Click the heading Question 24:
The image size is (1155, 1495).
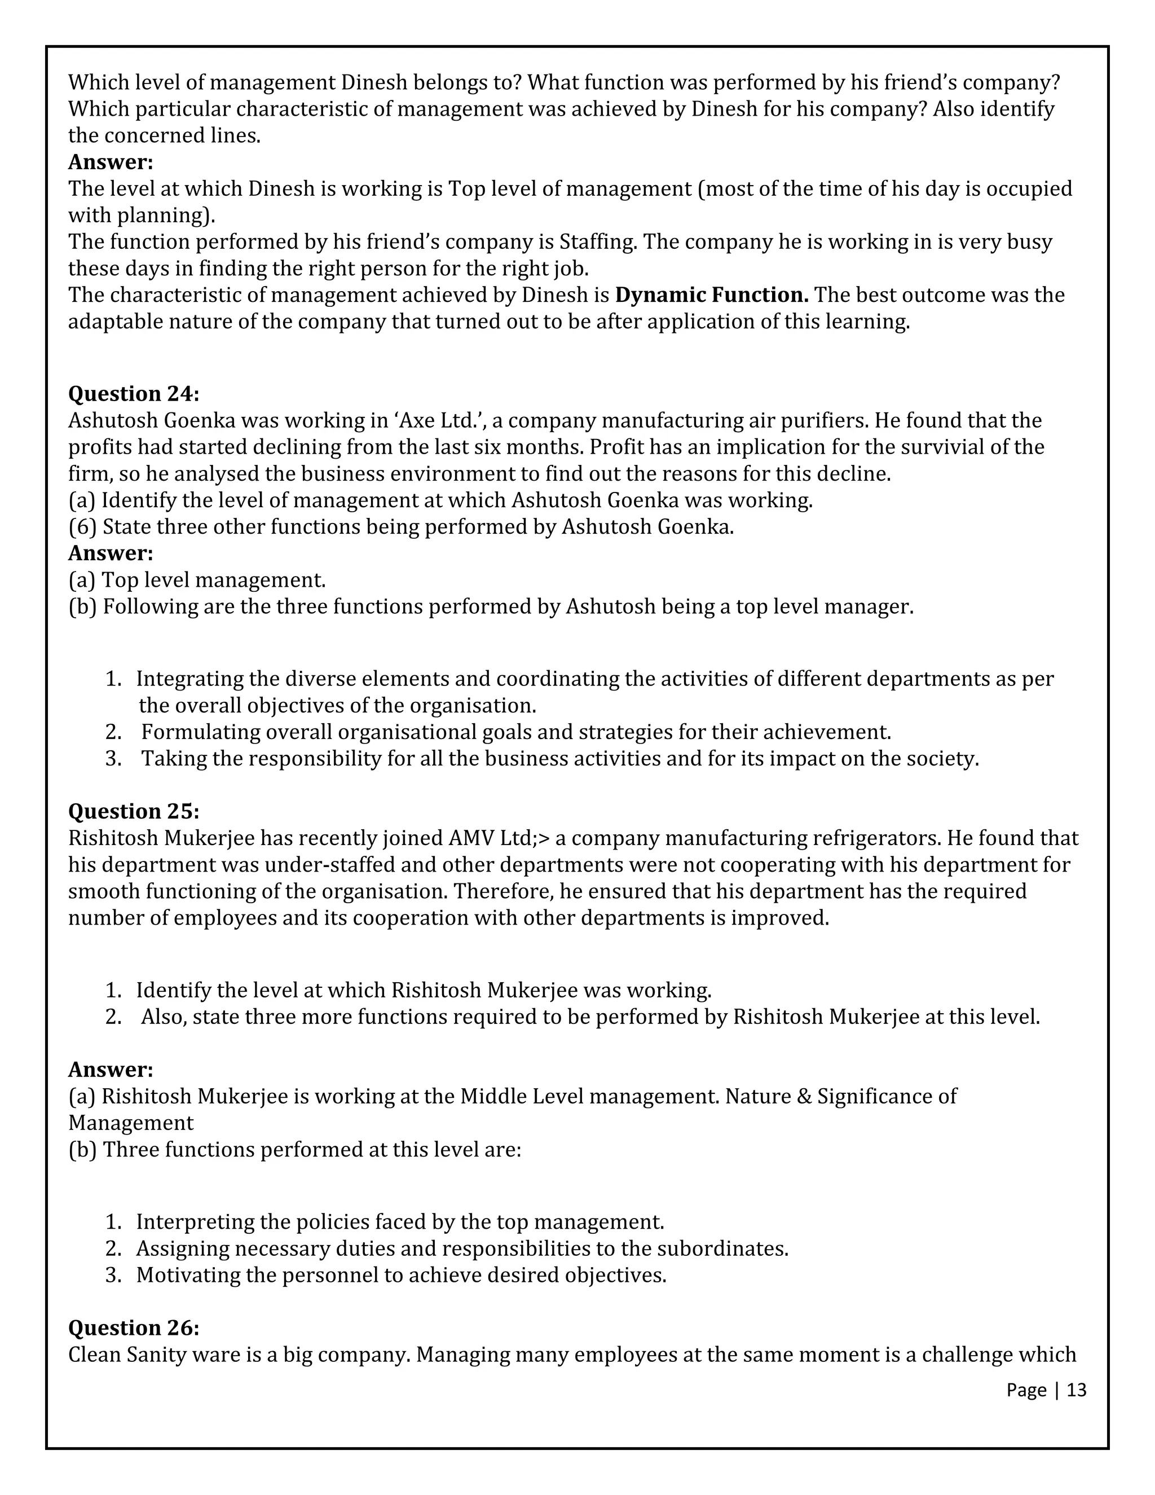134,394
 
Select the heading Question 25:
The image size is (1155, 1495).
134,811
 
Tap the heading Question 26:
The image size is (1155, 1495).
134,1328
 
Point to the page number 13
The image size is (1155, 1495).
1076,1390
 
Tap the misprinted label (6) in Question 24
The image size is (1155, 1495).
82,527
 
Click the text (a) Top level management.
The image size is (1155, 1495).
197,581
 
